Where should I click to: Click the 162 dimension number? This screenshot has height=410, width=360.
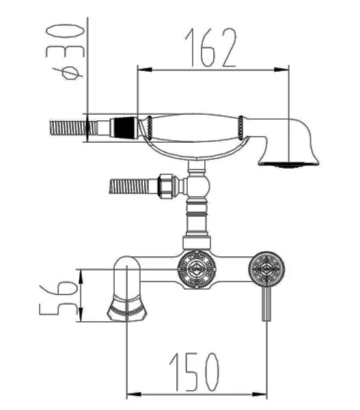point(210,47)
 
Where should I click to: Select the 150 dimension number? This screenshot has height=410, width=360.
point(194,372)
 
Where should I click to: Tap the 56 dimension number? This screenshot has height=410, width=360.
point(59,298)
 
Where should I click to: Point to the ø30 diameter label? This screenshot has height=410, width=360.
point(66,51)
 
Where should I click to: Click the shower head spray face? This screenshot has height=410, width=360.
point(289,165)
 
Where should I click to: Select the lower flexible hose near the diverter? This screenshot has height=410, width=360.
point(129,186)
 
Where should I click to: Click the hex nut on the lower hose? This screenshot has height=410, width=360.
point(166,186)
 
